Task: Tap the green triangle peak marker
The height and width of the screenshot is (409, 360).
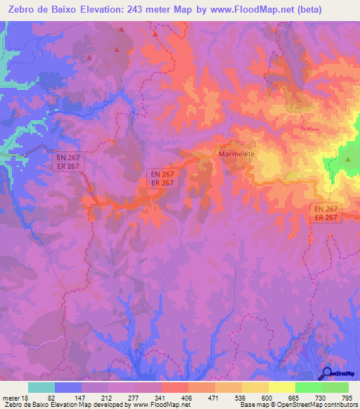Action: [347, 160]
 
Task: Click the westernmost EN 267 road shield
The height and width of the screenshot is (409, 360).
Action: [70, 161]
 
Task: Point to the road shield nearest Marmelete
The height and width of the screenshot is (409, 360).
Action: [162, 177]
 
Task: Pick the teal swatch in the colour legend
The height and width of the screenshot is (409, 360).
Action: [41, 387]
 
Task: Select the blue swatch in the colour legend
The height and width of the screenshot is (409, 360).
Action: [68, 387]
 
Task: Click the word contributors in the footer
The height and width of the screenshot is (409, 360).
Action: [337, 405]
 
